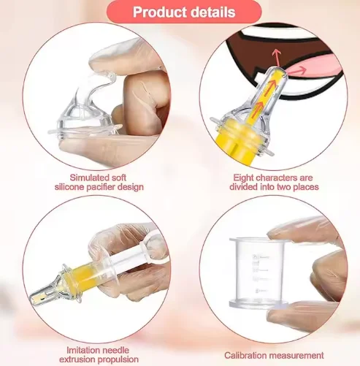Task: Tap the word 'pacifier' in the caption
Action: click(x=107, y=187)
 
